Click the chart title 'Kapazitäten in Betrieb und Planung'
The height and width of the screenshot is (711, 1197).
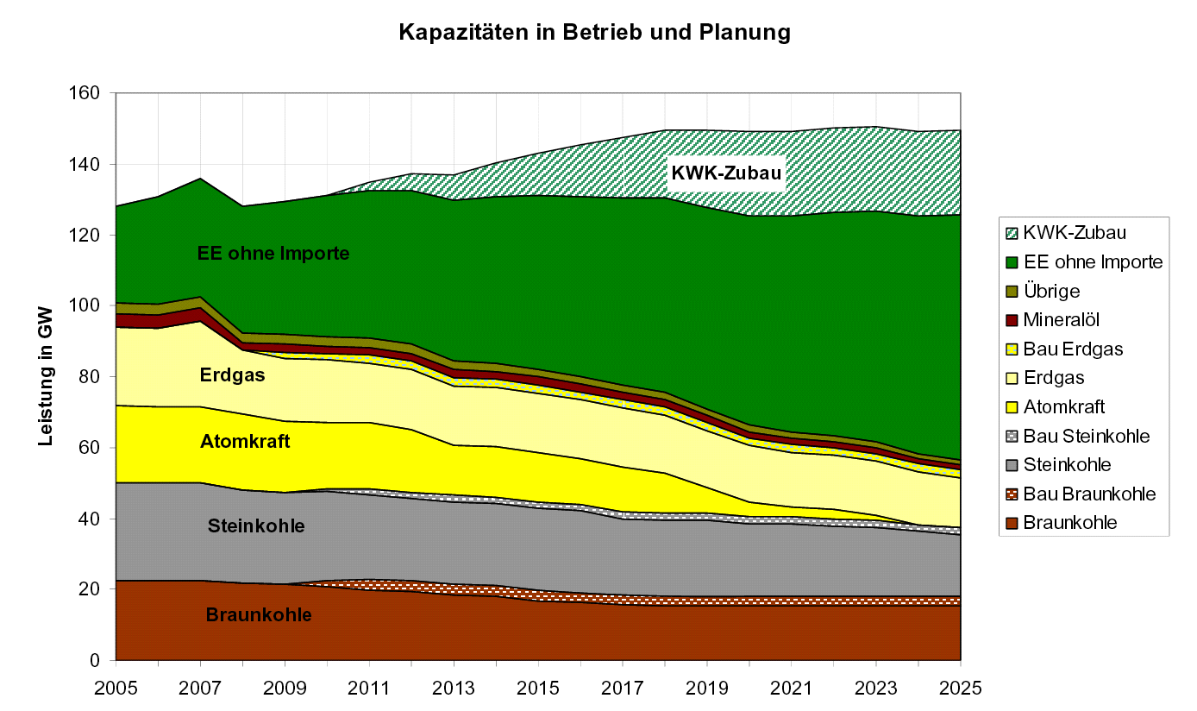click(594, 33)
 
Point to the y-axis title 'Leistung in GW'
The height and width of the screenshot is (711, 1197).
click(46, 376)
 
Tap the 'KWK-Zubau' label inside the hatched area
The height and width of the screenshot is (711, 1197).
click(726, 173)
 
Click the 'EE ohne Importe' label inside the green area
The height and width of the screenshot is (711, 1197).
click(273, 254)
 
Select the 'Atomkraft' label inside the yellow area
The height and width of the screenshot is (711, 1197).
click(245, 442)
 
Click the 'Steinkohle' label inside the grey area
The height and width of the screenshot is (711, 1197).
click(256, 525)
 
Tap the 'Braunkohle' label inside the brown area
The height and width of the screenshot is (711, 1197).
click(259, 615)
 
